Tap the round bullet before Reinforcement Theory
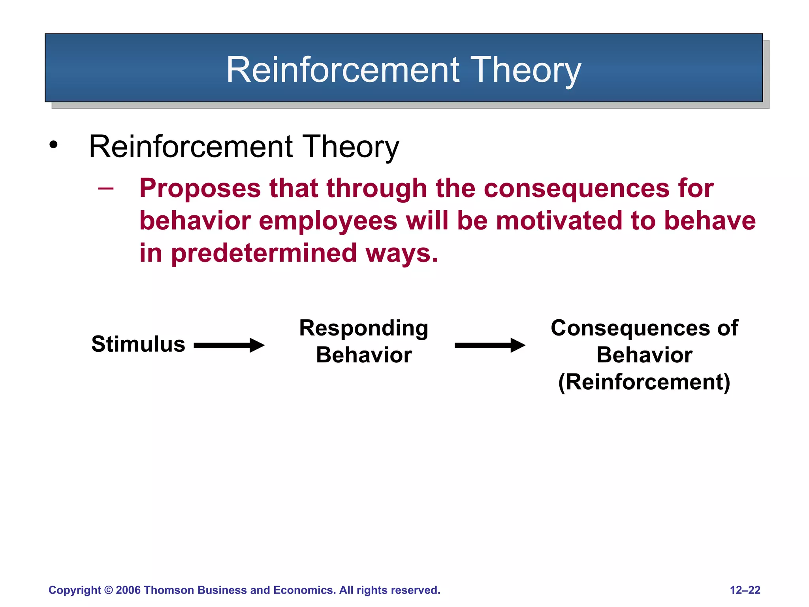[53, 145]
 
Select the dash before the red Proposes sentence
[105, 189]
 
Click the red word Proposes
[200, 189]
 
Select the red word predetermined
[264, 253]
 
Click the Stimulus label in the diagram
[138, 344]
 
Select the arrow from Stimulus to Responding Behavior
[229, 345]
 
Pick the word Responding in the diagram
[363, 328]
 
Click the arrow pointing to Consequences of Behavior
[490, 345]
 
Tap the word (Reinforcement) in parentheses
[644, 382]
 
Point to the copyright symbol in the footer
[108, 590]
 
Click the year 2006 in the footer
[128, 590]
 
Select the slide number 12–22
[745, 590]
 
